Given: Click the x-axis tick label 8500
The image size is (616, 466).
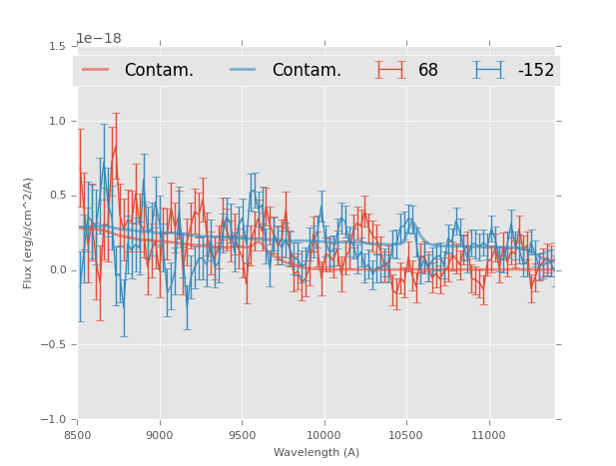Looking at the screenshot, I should click(x=78, y=435).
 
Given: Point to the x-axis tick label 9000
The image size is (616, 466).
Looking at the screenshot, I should click(x=160, y=435).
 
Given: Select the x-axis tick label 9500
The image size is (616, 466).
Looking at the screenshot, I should click(x=242, y=435).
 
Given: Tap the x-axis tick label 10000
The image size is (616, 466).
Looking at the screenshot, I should click(x=323, y=435).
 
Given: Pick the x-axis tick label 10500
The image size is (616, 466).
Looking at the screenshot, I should click(x=406, y=435).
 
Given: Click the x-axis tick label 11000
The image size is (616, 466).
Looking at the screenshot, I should click(x=488, y=435).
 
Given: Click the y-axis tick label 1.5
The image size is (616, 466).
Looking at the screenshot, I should click(x=57, y=47).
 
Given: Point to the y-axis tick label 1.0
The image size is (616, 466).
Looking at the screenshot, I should click(x=57, y=122).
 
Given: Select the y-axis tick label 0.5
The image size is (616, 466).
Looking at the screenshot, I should click(x=57, y=196).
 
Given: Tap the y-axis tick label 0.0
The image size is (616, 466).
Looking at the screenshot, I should click(x=57, y=270).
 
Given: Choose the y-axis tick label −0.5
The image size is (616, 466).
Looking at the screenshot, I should click(x=54, y=345).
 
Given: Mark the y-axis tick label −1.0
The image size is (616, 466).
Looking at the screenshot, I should click(x=54, y=420).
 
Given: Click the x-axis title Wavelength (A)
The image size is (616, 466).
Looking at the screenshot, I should click(x=316, y=453).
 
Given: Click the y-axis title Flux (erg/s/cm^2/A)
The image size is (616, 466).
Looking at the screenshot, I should click(x=29, y=233).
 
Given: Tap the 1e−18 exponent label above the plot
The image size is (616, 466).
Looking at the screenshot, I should click(x=99, y=39).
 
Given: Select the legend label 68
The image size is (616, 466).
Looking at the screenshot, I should click(x=428, y=71).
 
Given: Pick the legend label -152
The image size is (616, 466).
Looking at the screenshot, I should click(x=536, y=71).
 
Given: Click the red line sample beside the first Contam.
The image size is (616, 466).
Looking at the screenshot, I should click(x=97, y=70).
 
